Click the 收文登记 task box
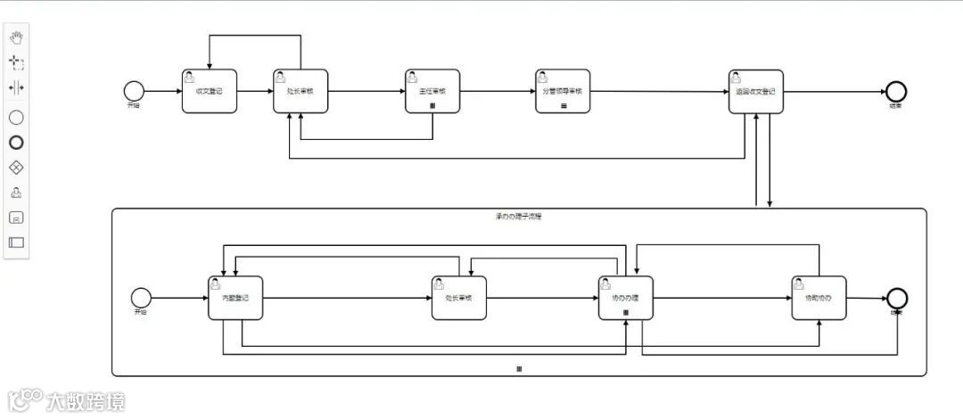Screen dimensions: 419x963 tap(210, 91)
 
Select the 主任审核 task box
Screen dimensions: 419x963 tap(432, 91)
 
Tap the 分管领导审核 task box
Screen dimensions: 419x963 tap(563, 91)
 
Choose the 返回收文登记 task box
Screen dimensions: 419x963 tap(755, 91)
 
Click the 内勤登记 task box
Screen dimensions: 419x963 tap(235, 298)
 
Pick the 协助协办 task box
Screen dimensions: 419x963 tap(819, 298)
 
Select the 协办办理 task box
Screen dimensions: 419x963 tap(625, 298)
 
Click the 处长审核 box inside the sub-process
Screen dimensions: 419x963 tap(459, 298)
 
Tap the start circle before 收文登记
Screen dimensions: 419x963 tap(134, 90)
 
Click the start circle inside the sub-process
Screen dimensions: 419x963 tap(140, 297)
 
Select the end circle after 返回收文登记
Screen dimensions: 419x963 tap(895, 90)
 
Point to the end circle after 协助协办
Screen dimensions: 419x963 tap(896, 298)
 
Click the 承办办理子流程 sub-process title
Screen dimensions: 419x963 tap(518, 217)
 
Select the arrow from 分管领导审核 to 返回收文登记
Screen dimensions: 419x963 tap(659, 91)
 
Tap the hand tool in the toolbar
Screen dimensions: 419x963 tap(16, 37)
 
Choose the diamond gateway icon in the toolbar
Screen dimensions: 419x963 tap(16, 167)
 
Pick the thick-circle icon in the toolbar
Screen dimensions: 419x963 tap(16, 142)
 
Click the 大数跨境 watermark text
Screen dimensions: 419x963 tap(86, 401)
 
